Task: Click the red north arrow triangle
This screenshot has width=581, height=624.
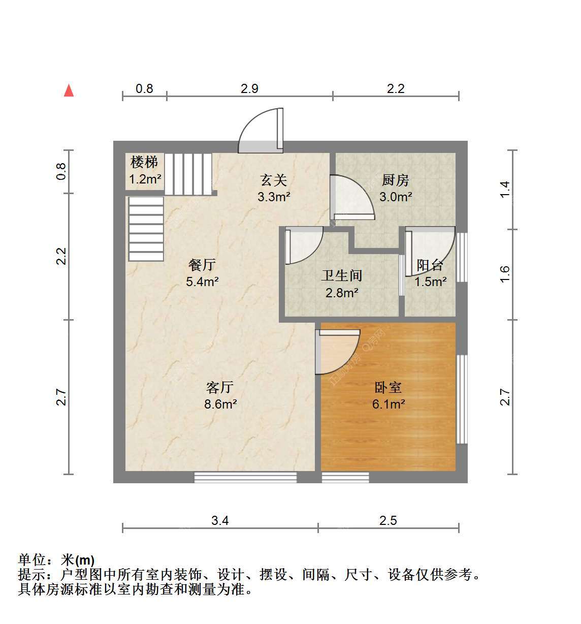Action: point(69,90)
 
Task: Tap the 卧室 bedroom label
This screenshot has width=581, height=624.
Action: point(388,387)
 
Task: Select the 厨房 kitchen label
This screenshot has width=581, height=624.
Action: point(395,180)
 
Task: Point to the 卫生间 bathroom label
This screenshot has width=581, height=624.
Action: point(341,275)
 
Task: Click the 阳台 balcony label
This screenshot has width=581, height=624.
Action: point(430,265)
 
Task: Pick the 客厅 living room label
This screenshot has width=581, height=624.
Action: point(220,387)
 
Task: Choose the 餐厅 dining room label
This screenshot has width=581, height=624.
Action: point(202,265)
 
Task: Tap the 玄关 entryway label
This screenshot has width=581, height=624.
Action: point(274,180)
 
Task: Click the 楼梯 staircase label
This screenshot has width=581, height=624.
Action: point(144,162)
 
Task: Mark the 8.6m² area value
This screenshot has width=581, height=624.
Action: point(220,404)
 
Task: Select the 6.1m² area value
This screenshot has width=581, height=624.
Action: point(388,404)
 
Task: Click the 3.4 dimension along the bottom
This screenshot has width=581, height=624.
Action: point(220,521)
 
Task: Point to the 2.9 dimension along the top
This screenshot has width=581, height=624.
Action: point(249,88)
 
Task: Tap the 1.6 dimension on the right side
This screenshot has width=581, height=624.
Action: point(504,274)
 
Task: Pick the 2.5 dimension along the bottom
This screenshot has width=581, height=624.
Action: point(388,521)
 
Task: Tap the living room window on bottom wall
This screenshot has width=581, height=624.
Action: point(245,477)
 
